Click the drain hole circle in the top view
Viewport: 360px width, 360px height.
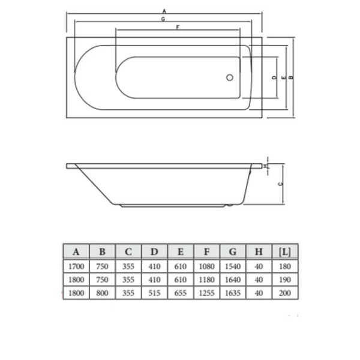click(x=229, y=77)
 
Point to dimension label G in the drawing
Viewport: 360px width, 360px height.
click(x=163, y=20)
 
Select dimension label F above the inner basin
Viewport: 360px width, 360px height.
click(x=178, y=28)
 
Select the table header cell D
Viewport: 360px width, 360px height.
click(x=154, y=250)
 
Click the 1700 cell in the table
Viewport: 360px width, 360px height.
click(x=77, y=265)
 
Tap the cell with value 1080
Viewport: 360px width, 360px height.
click(x=206, y=265)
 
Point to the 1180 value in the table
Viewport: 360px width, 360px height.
click(x=206, y=279)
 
